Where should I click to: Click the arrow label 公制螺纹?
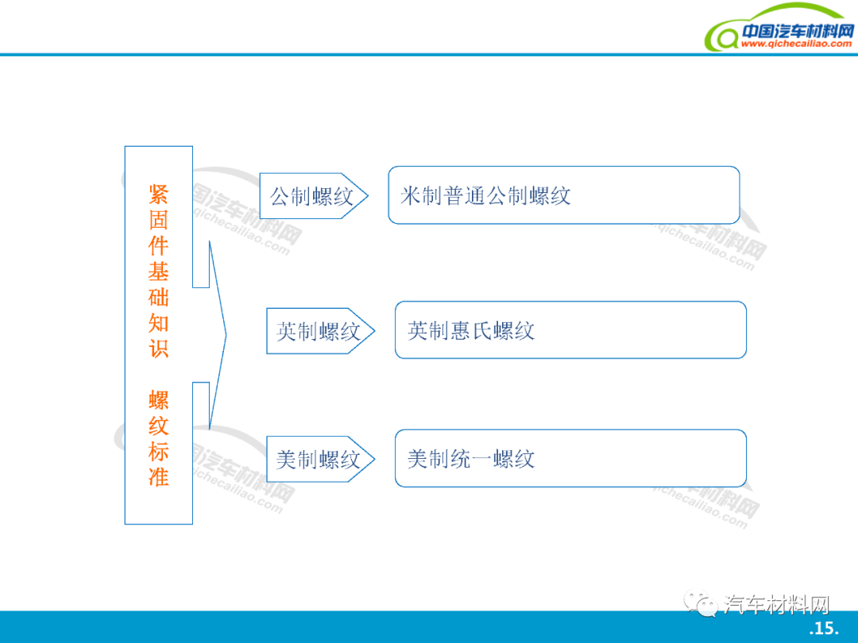(312, 196)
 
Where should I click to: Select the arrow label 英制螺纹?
(318, 331)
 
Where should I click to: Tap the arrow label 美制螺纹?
(318, 460)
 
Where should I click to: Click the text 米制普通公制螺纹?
(485, 196)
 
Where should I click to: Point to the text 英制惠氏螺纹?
(470, 331)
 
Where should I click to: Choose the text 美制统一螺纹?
(470, 459)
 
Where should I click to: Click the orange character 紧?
(159, 194)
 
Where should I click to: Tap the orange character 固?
(159, 221)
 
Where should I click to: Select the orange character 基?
(159, 271)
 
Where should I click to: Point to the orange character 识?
(159, 348)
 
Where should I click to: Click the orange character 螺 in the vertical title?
(159, 400)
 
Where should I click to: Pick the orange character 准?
(159, 477)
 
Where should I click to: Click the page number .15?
(824, 628)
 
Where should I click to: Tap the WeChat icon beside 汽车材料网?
(701, 603)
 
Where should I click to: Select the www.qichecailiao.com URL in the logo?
(796, 44)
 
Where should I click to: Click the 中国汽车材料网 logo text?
(798, 31)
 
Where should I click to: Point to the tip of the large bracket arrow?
(226, 335)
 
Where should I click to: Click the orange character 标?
(159, 452)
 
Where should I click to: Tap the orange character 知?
(159, 323)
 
